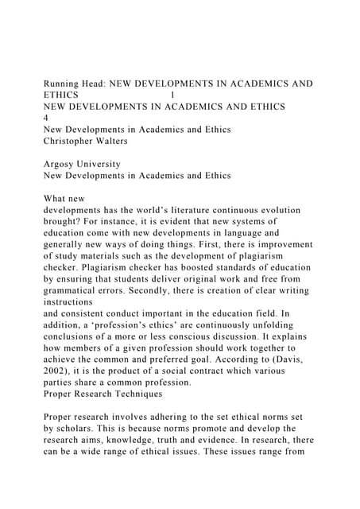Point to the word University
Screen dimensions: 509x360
[x=103, y=163]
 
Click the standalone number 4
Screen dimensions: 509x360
[x=45, y=118]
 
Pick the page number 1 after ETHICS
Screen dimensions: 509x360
[x=172, y=95]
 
